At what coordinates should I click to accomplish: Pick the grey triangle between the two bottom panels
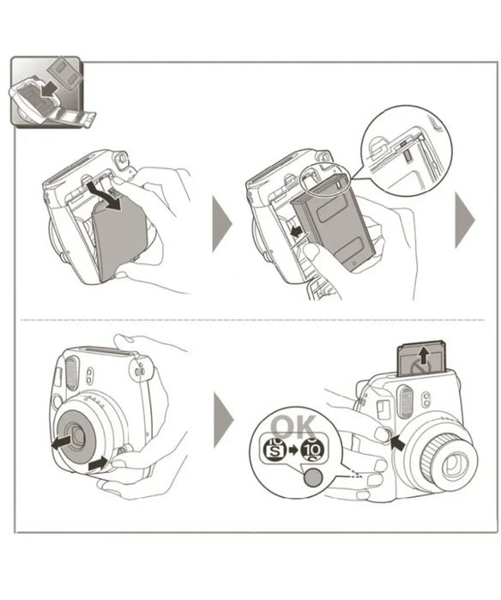point(222,420)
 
